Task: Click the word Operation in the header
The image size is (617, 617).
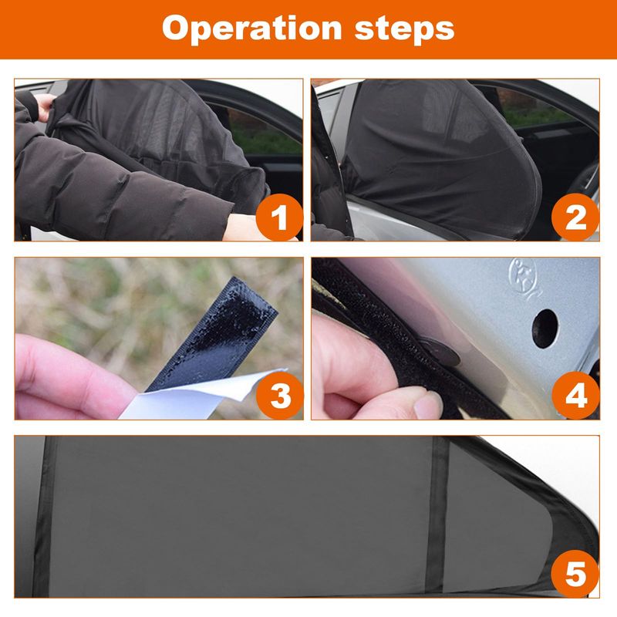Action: tap(252, 29)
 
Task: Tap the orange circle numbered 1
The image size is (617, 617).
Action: tap(279, 217)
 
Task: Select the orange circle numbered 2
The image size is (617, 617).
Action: tap(575, 217)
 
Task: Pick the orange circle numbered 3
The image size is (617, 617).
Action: tap(280, 396)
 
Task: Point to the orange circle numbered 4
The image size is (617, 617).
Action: tap(575, 396)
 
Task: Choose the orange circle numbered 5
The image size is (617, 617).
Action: tap(575, 574)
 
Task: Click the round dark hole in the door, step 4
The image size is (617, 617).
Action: tap(545, 329)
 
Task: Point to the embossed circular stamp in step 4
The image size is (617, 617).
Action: tap(524, 276)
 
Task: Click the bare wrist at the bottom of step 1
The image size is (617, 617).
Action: tap(244, 228)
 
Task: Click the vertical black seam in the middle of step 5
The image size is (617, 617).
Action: tap(437, 515)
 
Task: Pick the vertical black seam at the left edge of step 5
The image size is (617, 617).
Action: tap(44, 516)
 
